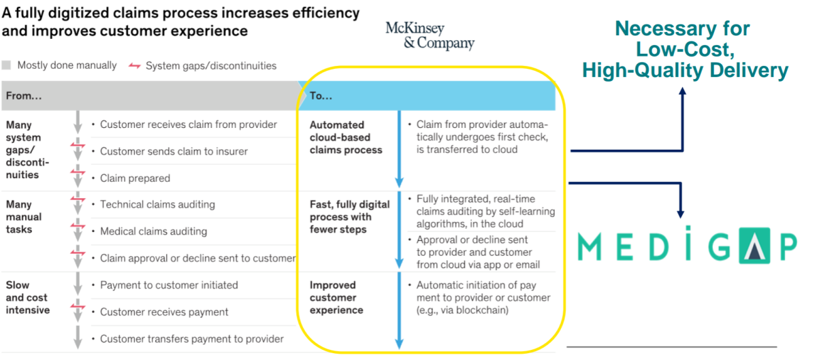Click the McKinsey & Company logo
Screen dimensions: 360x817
click(429, 35)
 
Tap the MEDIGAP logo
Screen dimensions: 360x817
click(686, 246)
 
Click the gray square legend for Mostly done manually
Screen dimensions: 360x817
click(7, 66)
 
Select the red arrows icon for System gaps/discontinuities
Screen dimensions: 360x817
click(135, 66)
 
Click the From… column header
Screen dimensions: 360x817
click(24, 96)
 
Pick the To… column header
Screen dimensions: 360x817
click(321, 96)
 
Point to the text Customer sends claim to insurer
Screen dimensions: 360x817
click(174, 151)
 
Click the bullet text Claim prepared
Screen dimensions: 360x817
click(135, 178)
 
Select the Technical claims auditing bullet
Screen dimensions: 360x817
click(157, 204)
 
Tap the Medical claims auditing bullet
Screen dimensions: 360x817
click(153, 231)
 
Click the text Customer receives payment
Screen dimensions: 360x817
click(164, 312)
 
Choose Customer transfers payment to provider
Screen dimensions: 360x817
click(191, 338)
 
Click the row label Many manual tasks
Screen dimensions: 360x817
click(24, 216)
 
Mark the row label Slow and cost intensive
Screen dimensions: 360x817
click(28, 297)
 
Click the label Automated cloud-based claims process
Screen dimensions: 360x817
click(346, 137)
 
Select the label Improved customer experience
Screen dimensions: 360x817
click(336, 297)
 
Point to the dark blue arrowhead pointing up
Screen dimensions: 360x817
click(682, 90)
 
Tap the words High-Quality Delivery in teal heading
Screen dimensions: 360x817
click(685, 69)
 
